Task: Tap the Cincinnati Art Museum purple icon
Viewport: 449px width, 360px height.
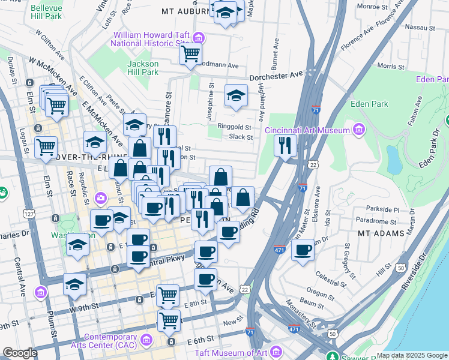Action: [x=359, y=130]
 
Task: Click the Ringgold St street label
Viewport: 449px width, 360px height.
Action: [x=234, y=127]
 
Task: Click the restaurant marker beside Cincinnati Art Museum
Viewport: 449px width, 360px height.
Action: [x=285, y=145]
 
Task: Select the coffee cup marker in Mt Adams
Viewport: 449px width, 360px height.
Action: [x=303, y=248]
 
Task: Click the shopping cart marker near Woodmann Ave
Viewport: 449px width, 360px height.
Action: [x=190, y=54]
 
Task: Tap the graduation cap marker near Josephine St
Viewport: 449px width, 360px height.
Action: [x=237, y=95]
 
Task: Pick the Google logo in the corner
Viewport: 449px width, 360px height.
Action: [x=20, y=353]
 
